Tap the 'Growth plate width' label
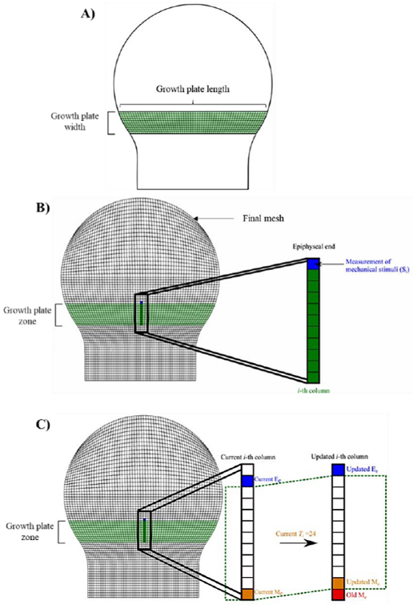tap(74, 123)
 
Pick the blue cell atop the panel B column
tap(313, 264)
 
